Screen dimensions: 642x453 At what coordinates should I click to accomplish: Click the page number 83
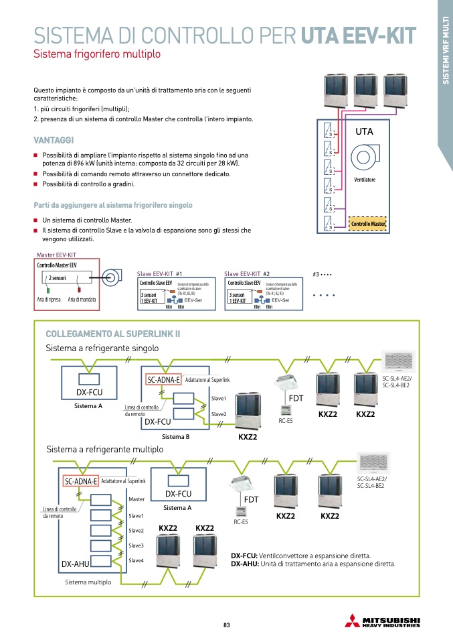226,625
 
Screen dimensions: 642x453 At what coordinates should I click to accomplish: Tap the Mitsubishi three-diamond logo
352,621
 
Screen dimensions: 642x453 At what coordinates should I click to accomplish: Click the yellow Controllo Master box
368,223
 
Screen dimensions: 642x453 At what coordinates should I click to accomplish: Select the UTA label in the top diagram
364,132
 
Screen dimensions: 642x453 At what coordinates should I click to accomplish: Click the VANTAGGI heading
54,140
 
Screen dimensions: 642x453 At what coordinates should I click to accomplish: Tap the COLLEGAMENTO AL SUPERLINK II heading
113,334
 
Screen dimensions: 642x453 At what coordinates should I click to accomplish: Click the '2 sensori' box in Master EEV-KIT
58,277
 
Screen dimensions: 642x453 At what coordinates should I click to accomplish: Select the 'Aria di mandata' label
82,300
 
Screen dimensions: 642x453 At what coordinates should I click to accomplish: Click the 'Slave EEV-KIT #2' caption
247,274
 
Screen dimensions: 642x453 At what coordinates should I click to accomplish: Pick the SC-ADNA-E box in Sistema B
164,380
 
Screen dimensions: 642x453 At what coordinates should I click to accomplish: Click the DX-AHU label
76,564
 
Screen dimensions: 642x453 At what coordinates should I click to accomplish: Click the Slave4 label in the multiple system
137,560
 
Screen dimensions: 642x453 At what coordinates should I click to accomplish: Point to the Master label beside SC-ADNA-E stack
137,499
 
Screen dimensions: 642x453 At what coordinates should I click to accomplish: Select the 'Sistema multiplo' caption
88,583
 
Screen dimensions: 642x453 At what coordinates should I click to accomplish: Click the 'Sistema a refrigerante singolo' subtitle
102,348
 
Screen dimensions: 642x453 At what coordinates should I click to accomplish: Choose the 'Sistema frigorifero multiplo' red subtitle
97,54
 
